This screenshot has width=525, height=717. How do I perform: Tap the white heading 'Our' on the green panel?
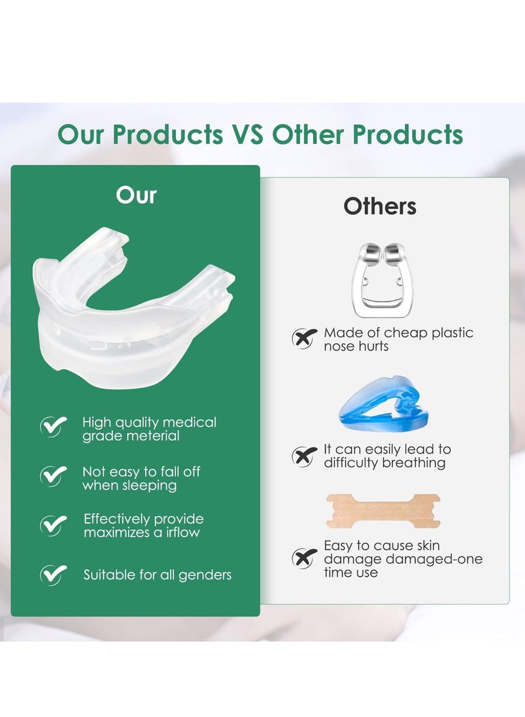[x=136, y=195]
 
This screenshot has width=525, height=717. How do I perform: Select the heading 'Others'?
[x=380, y=206]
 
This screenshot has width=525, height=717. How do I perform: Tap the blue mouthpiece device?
[x=384, y=402]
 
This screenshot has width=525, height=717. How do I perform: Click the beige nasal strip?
[x=383, y=511]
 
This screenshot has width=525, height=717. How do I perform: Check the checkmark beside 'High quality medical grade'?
[x=53, y=426]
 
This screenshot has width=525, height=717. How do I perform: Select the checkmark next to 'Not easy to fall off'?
[x=53, y=476]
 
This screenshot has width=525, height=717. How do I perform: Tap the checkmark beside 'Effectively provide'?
[x=53, y=525]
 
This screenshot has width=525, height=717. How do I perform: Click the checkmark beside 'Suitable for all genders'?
[x=53, y=575]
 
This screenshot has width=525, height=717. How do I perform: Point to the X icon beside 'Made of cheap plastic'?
[x=304, y=338]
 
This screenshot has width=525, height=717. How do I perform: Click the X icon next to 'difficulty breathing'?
[x=304, y=456]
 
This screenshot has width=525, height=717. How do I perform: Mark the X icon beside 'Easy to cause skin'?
[x=304, y=558]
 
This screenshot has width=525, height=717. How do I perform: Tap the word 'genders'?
[x=205, y=576]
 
